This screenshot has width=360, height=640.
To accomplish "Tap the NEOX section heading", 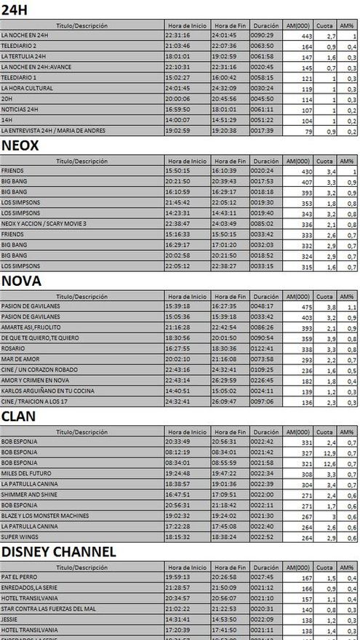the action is (x=20, y=145).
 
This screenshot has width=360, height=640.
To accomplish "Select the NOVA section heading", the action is (x=21, y=281).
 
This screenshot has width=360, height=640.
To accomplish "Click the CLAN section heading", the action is (x=19, y=416).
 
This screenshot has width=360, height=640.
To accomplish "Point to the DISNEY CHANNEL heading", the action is (x=58, y=551).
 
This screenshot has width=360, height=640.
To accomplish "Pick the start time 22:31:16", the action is (x=178, y=34).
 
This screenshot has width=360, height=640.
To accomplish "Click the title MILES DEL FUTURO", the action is (x=24, y=473).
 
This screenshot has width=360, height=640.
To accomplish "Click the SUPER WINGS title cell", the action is (x=18, y=537).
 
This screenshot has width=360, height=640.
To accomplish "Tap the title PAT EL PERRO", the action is (x=19, y=577).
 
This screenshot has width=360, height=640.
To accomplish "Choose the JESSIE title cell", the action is (x=10, y=620).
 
